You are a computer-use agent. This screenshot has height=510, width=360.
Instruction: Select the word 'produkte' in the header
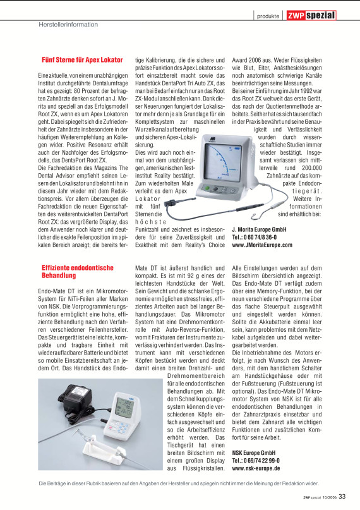click(x=268, y=16)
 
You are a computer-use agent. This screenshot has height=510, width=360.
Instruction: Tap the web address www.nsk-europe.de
click(x=255, y=469)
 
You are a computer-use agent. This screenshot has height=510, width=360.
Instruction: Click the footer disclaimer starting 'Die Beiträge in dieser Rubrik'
click(x=180, y=484)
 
